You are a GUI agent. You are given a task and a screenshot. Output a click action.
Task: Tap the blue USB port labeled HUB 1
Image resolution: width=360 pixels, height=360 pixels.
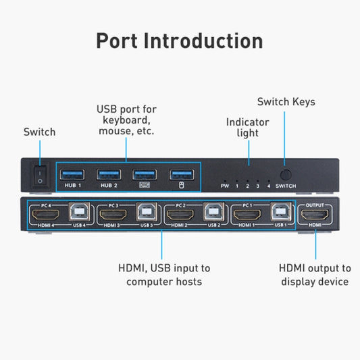coord(72,174)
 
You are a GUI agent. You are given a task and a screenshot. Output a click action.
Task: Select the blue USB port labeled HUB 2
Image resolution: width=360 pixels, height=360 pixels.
coord(108,174)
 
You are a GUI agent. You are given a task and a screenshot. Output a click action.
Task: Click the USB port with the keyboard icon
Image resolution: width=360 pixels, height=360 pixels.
coord(145,174)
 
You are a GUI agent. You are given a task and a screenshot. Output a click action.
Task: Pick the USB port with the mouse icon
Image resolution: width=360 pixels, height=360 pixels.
coord(180,174)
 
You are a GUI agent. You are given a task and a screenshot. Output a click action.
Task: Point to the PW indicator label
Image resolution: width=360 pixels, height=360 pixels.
coord(225,185)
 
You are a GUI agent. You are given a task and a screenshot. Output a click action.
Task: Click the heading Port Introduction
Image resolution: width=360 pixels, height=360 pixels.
coord(180,40)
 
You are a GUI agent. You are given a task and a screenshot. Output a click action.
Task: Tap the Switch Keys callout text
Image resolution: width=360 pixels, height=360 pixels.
coord(286,102)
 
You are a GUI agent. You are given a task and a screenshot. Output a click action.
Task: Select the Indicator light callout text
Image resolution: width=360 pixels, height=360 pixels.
coord(247,128)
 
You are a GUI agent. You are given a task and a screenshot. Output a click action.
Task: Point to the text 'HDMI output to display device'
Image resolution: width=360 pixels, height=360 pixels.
coord(315,275)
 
